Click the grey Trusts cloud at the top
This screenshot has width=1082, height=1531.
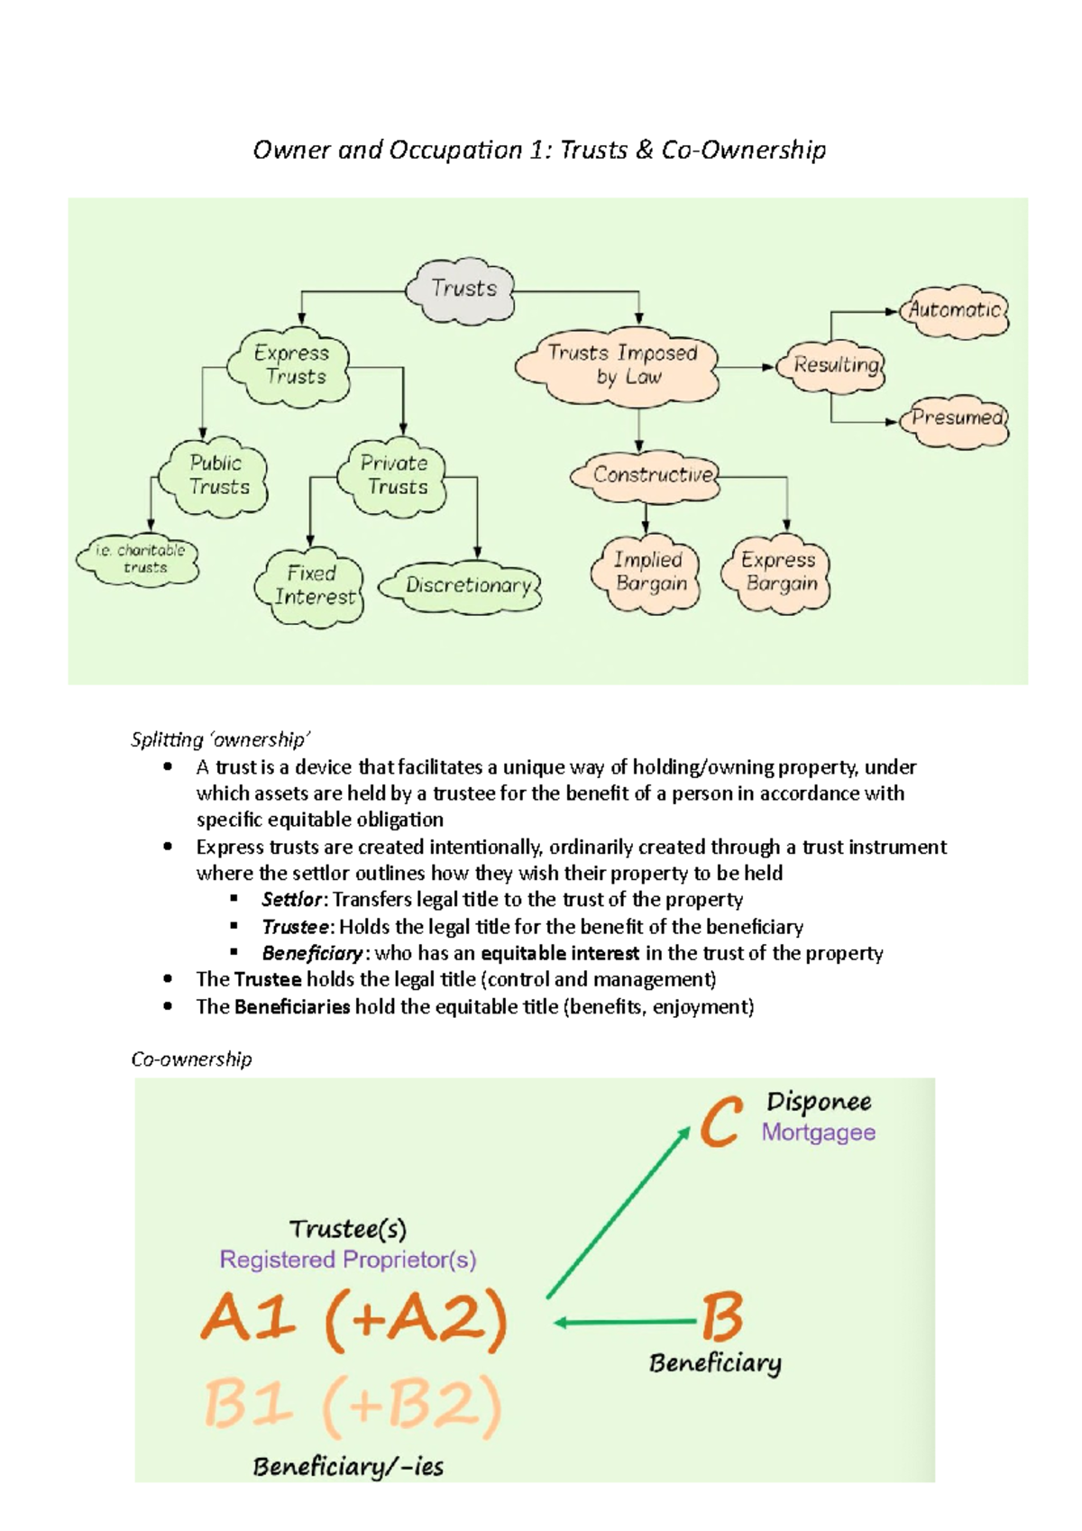coord(463,289)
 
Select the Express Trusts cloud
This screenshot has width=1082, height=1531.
coord(290,365)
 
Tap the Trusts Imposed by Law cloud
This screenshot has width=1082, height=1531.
coord(621,365)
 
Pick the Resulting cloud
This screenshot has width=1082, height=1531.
coord(835,365)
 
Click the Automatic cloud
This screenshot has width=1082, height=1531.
coord(955,310)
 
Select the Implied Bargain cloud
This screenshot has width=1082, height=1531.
coord(648,573)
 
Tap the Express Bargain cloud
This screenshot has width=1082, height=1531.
coord(777,573)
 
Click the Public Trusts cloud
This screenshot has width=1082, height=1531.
coord(215,475)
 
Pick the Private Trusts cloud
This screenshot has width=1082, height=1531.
coord(394,475)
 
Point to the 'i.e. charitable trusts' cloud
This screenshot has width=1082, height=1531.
coord(140,559)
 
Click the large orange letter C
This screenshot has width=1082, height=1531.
coord(721,1121)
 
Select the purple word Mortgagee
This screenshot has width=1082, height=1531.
coord(818,1132)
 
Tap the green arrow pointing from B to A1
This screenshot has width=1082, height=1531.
coord(626,1323)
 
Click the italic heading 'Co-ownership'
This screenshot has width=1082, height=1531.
coord(191,1059)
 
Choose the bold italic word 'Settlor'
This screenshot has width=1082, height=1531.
coord(291,900)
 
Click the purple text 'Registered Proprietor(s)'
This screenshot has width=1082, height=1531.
coord(348,1260)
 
